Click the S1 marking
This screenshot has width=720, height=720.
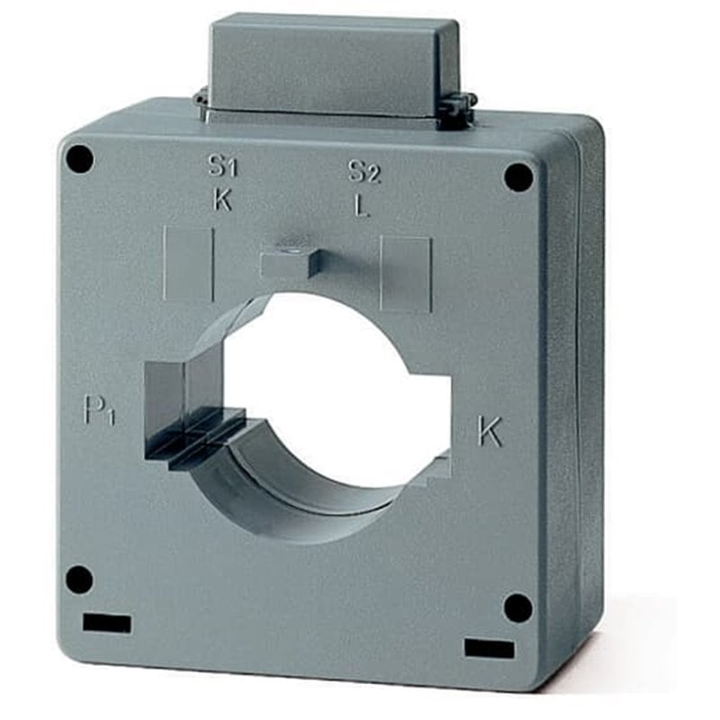click(x=223, y=166)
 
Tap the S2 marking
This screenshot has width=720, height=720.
click(x=364, y=172)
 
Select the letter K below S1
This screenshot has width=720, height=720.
click(x=223, y=200)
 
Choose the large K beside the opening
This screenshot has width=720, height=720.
click(x=490, y=432)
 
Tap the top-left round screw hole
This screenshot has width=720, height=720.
click(x=79, y=159)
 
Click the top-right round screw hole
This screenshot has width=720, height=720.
click(x=519, y=178)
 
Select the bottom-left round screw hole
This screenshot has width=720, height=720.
click(x=79, y=579)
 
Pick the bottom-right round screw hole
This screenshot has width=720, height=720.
click(x=519, y=608)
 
